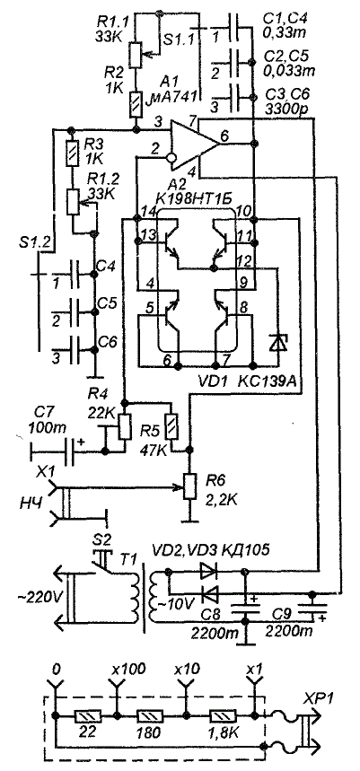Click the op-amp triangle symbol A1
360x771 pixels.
(194, 143)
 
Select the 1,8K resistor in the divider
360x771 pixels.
(224, 715)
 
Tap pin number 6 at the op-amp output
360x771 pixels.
(224, 137)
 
